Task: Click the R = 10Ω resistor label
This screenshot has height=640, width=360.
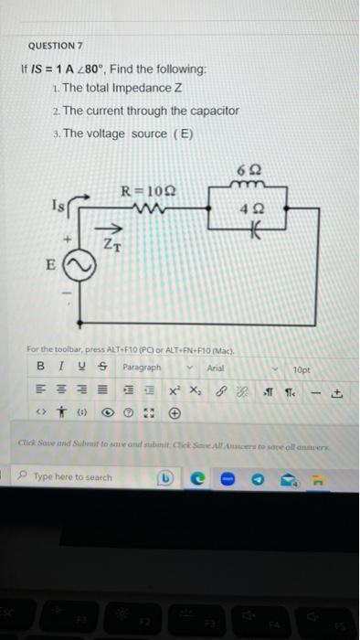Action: click(149, 191)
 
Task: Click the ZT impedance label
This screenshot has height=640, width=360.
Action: click(111, 244)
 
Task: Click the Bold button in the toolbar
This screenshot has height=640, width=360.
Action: click(40, 368)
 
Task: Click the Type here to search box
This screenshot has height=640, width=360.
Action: click(82, 477)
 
